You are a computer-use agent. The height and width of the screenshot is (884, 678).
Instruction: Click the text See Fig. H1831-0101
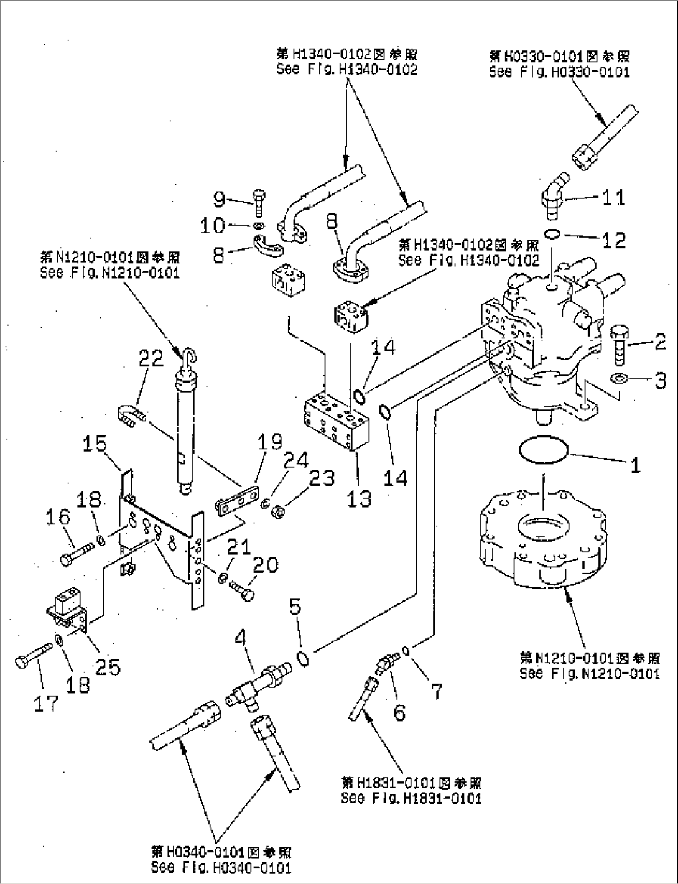[x=411, y=798]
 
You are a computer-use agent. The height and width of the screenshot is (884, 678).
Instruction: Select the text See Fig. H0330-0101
[x=559, y=72]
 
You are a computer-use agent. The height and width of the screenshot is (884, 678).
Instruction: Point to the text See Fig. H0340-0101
[x=221, y=867]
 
